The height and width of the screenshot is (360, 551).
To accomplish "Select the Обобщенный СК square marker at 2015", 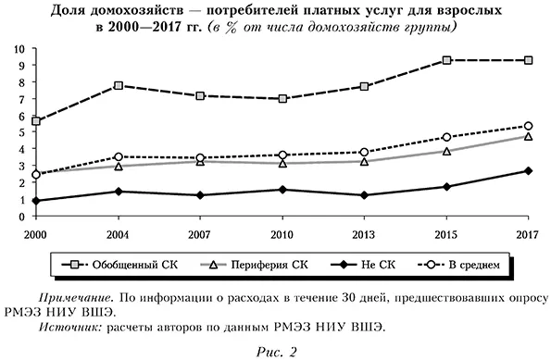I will click(x=447, y=60).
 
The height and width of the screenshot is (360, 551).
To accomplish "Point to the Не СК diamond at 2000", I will click(x=36, y=201).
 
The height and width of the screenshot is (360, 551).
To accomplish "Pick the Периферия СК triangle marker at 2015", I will click(x=447, y=151).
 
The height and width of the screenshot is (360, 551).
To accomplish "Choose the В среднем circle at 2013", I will click(x=365, y=152).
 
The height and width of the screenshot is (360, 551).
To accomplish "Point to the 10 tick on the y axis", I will click(x=19, y=48).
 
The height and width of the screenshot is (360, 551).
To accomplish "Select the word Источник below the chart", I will click(x=69, y=327).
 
